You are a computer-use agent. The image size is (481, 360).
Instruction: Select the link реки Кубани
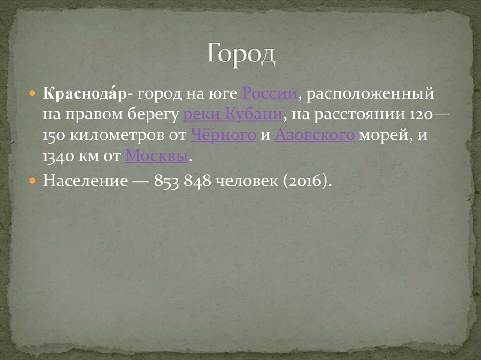[x=233, y=115]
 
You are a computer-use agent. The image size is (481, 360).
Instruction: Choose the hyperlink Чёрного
[x=223, y=135]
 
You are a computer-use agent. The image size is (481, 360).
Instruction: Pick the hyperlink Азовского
[x=314, y=135]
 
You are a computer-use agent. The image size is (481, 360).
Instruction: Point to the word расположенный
[x=370, y=94]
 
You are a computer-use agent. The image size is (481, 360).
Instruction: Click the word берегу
[x=155, y=115]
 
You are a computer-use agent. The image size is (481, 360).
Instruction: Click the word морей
[x=384, y=135]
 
